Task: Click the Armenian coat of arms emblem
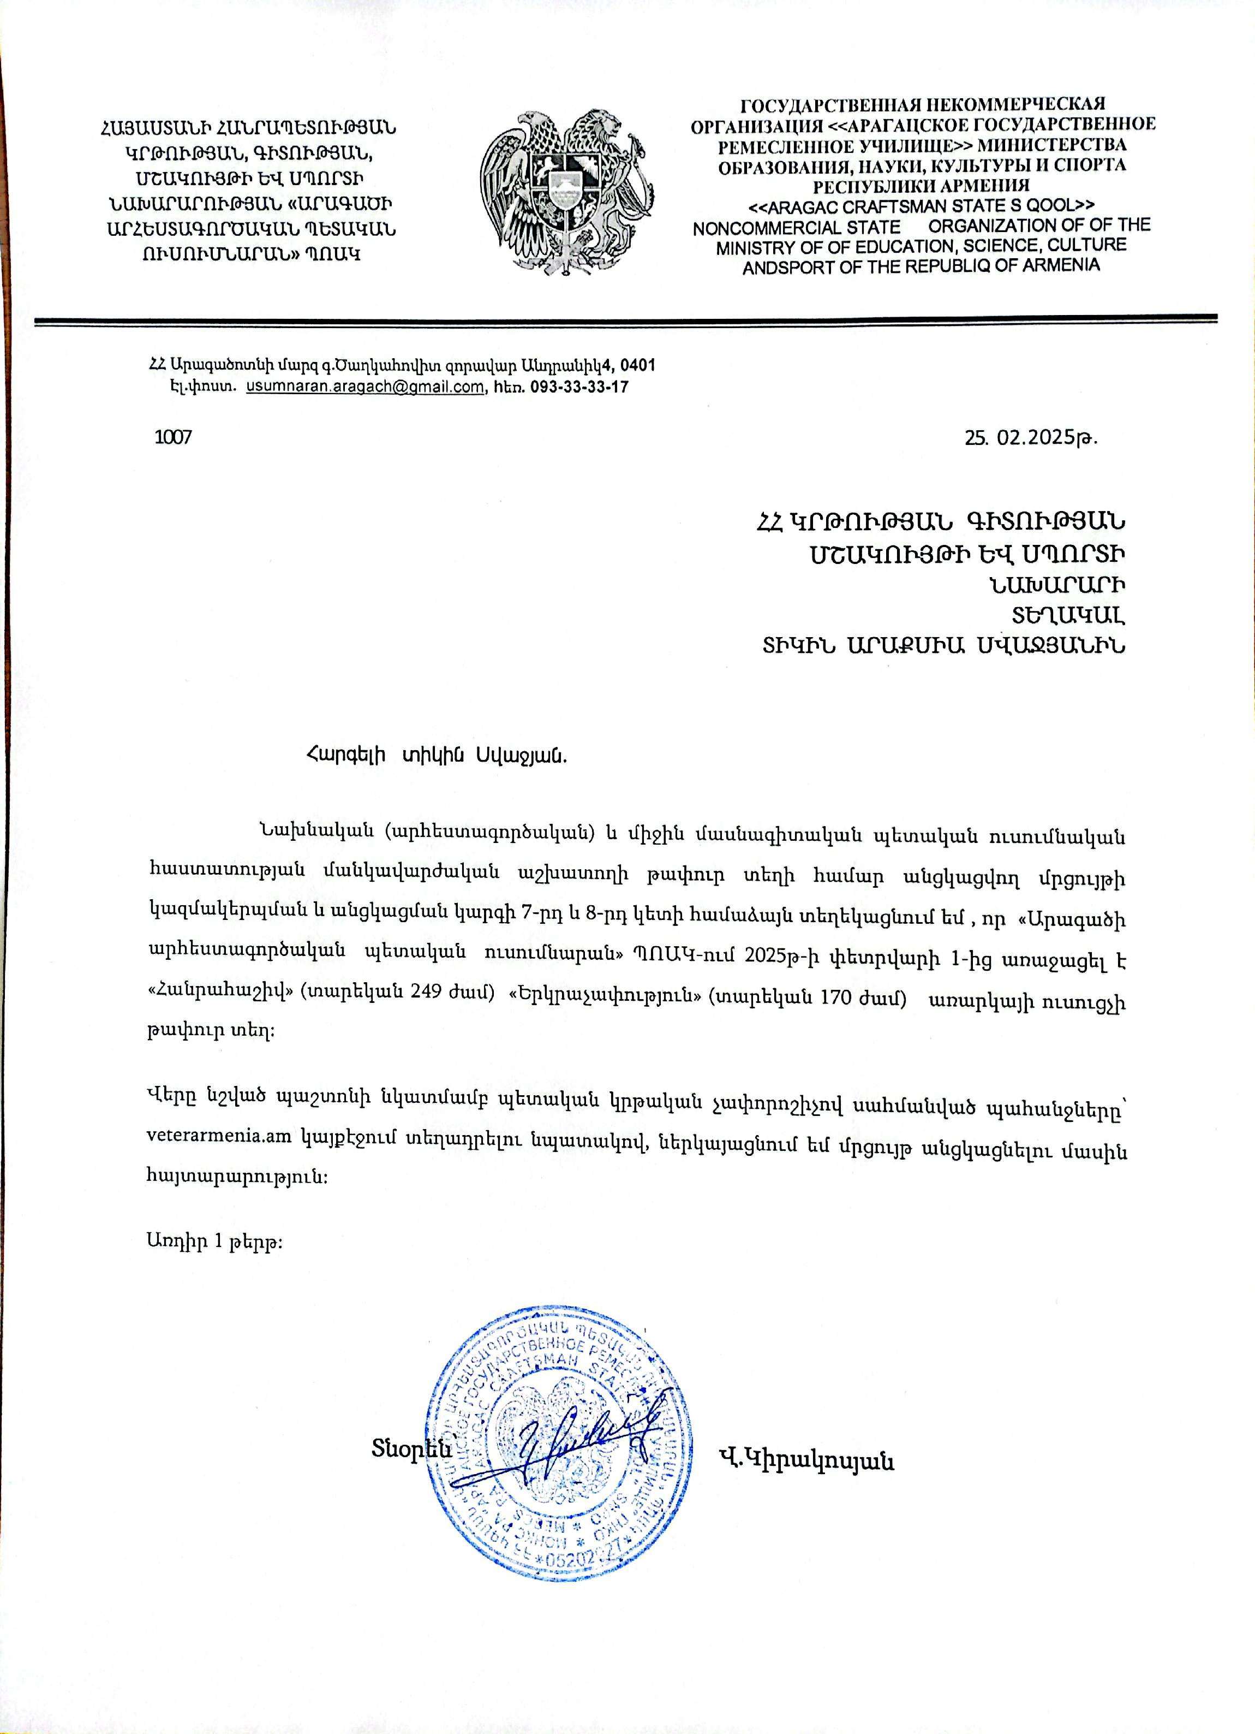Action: pyautogui.click(x=567, y=194)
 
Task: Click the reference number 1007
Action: pyautogui.click(x=173, y=437)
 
